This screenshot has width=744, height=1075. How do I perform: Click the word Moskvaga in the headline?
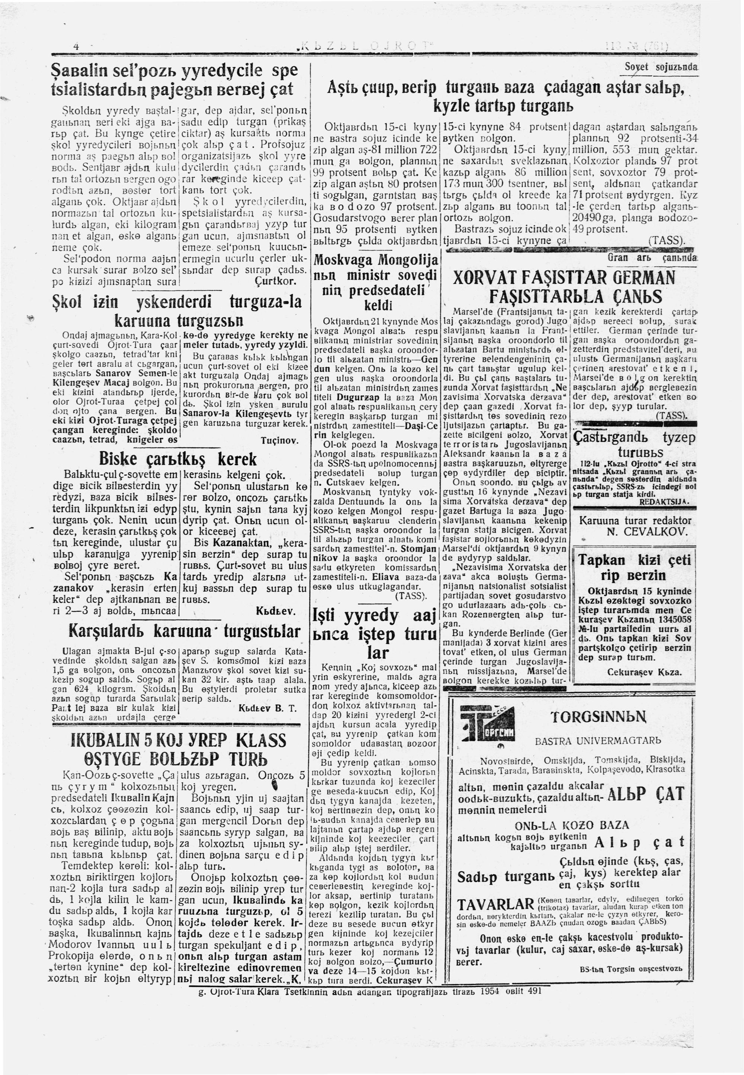coord(344,260)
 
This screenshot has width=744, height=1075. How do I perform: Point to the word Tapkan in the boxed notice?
coord(602,559)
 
